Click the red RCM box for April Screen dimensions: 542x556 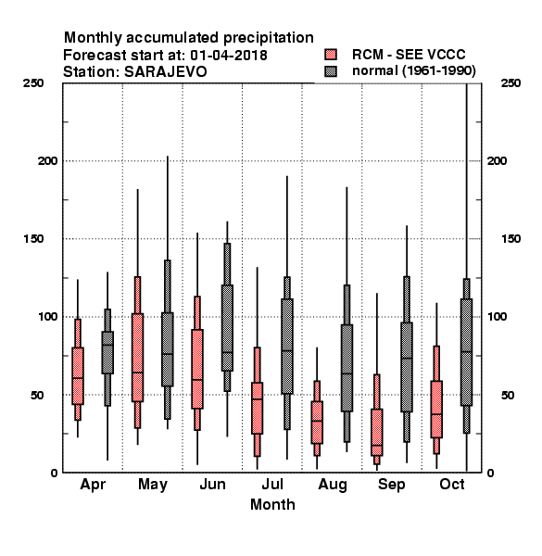78,376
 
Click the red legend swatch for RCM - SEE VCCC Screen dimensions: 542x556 331,55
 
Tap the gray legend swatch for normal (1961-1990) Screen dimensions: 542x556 331,71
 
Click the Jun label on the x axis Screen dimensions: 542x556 213,485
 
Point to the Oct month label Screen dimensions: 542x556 452,485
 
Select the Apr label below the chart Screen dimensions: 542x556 93,485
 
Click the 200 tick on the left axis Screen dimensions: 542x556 47,161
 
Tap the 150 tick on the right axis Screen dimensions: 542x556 510,239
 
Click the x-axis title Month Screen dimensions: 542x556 272,505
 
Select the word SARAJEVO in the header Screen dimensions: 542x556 165,72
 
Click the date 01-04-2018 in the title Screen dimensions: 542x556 229,56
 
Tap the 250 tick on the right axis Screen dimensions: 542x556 510,83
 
